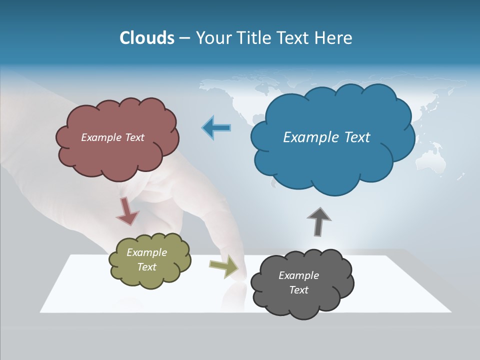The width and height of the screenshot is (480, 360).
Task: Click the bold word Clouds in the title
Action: click(x=146, y=38)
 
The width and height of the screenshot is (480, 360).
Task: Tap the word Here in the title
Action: click(x=334, y=38)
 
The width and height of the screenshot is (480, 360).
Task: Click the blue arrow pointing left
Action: click(x=216, y=128)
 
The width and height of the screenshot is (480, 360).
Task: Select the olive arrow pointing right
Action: click(x=224, y=267)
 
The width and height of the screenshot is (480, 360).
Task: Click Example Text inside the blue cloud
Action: click(x=326, y=137)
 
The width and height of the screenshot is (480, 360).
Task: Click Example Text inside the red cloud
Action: click(x=112, y=137)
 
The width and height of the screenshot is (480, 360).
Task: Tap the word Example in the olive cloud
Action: click(x=146, y=252)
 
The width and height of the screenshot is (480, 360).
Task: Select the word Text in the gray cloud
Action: click(x=298, y=290)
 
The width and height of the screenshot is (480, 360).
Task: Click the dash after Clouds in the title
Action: click(x=184, y=38)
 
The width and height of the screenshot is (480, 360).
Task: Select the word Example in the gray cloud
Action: click(x=298, y=275)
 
